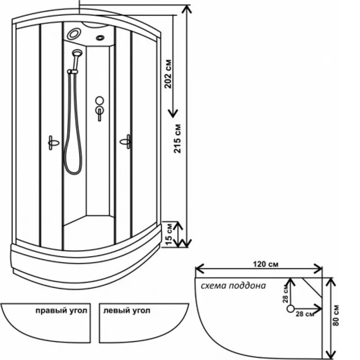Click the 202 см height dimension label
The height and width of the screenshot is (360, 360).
point(168,73)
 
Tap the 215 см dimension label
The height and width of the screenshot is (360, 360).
point(178,139)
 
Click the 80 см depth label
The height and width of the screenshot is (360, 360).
point(337,314)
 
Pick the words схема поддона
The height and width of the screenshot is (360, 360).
point(234,286)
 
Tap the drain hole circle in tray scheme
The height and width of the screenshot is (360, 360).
point(291,309)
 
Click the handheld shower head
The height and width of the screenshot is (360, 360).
point(76,54)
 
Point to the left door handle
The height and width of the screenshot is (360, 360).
point(52,143)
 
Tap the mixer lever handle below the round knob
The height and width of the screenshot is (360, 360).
point(99,112)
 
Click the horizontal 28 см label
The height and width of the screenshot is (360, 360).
point(305,315)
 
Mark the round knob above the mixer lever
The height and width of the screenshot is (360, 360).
point(99,101)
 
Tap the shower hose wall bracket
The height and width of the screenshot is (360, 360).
point(71,71)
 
